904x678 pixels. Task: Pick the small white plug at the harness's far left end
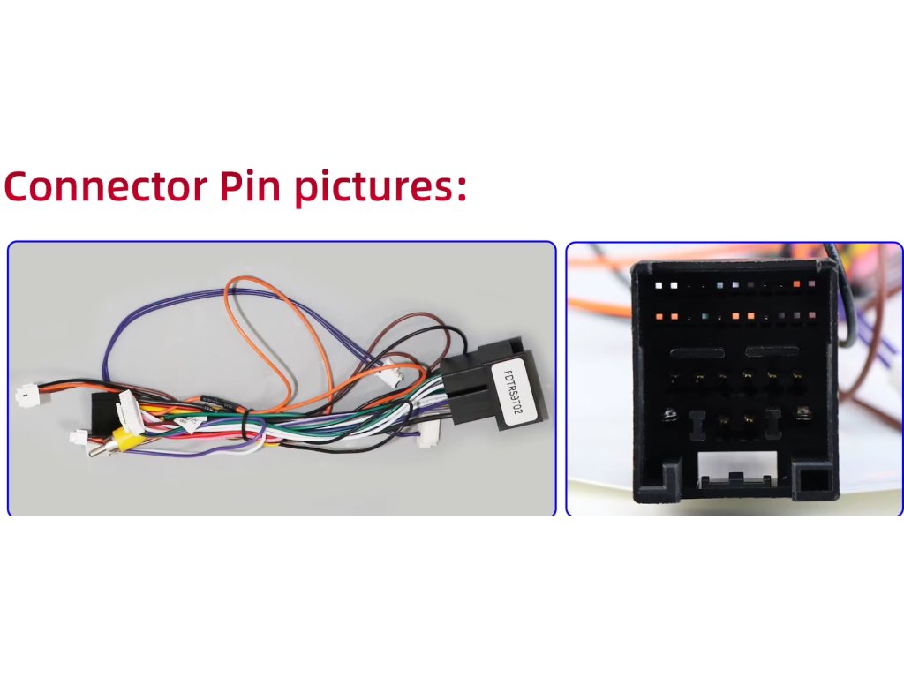(x=27, y=395)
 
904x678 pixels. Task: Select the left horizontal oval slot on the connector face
(x=697, y=352)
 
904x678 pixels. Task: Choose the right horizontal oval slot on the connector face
(x=773, y=352)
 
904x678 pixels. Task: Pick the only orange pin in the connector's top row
(x=797, y=284)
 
